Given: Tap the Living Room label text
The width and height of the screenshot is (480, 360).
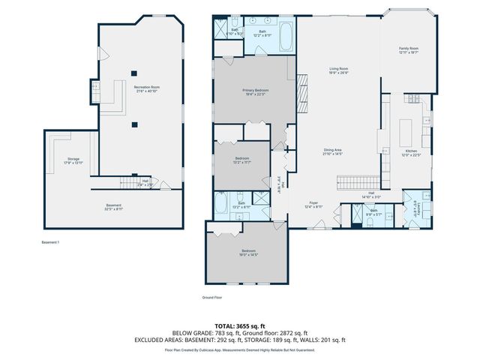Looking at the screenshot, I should coord(338,70).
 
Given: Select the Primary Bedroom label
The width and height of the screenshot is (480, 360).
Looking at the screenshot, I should coord(255,91).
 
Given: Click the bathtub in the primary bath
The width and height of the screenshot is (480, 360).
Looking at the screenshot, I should coord(287,37).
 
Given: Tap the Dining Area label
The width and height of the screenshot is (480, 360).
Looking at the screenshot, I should coord(333,151).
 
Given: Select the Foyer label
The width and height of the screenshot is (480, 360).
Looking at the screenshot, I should coord(313,204).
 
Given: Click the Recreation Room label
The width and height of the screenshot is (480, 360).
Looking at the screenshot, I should coord(147,89).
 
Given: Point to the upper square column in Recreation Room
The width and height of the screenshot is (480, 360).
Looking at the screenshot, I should coord(133,73).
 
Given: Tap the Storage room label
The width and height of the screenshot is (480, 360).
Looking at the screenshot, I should coord(73,160).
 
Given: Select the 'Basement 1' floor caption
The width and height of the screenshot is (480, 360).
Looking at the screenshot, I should coord(50,242).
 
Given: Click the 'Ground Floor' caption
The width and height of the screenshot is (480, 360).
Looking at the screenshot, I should coord(212,298).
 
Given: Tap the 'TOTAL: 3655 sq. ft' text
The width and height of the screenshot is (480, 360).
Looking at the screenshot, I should coord(239,326).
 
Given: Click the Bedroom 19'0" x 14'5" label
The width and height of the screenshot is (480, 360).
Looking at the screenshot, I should coord(248,252).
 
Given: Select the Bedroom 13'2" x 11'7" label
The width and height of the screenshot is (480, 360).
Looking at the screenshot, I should coord(241,160).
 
